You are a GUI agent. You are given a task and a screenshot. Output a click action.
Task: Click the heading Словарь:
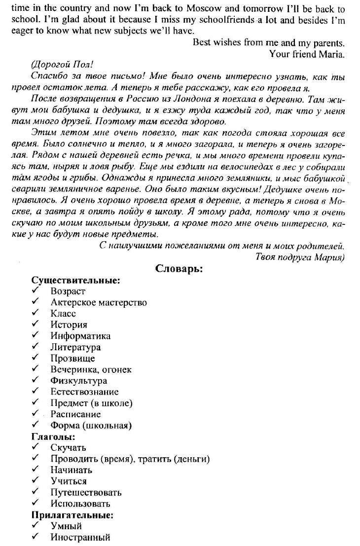[180, 269]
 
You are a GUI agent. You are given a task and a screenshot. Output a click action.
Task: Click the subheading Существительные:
[76, 280]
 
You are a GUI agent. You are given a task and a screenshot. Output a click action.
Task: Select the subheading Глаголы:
[53, 437]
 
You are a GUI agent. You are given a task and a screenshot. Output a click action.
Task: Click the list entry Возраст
[68, 291]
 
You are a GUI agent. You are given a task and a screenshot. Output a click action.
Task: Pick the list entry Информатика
[80, 336]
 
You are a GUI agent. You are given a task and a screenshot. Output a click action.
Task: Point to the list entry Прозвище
[72, 359]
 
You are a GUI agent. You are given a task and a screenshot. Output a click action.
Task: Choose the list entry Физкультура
[78, 381]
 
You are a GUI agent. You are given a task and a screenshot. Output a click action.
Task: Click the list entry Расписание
[75, 414]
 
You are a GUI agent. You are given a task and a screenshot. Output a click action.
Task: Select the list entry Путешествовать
[86, 492]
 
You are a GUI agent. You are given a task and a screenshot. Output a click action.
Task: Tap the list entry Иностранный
[80, 537]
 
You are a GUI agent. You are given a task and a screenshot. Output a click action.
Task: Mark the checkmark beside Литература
[36, 347]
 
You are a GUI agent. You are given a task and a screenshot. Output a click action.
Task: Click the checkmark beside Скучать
[36, 447]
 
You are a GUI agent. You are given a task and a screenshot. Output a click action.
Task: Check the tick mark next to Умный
[36, 526]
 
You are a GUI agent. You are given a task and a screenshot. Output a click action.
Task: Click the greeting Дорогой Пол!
[62, 66]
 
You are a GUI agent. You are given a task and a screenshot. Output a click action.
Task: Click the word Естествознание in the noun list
[84, 392]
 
